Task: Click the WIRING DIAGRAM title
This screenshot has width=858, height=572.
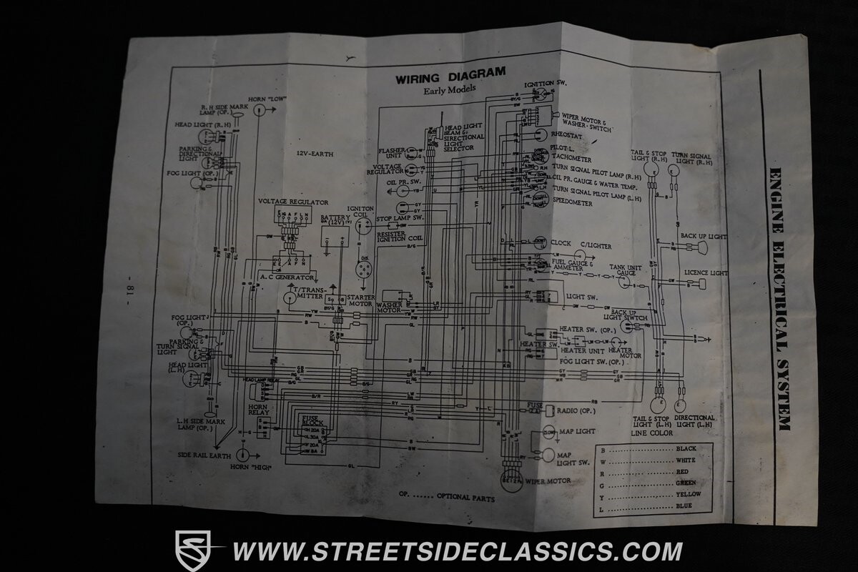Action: click(450, 74)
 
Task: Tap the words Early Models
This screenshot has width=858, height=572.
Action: click(449, 89)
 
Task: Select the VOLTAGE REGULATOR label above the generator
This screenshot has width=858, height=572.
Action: click(293, 202)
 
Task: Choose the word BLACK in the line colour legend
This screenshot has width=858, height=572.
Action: click(685, 449)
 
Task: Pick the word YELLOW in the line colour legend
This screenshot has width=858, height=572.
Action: click(688, 495)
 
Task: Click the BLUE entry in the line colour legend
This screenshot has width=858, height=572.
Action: click(684, 506)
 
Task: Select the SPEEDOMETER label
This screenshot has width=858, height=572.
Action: click(572, 204)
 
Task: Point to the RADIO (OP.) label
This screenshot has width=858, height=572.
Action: click(577, 411)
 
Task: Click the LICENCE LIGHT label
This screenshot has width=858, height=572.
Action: click(705, 272)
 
